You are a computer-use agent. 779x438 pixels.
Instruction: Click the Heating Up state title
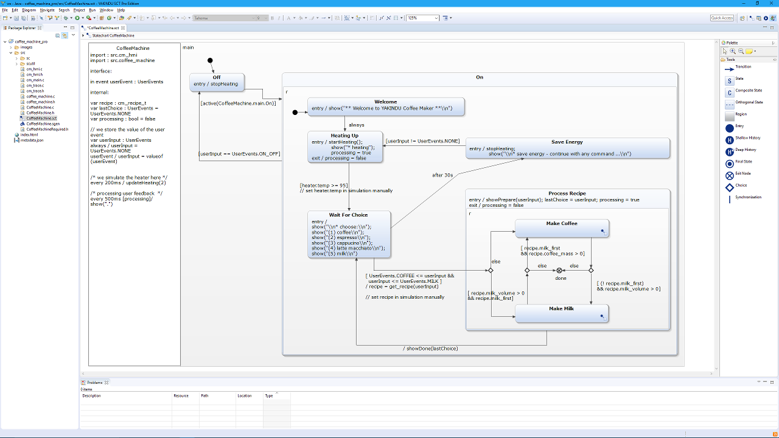344,136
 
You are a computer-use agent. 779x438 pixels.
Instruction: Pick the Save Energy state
567,148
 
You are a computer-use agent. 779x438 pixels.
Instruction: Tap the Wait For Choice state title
348,215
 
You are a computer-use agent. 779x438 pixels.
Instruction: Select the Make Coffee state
562,228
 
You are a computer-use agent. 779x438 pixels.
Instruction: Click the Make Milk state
561,313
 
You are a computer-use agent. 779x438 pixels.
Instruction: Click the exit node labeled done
560,270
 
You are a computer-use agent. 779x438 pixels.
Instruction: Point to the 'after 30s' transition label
442,175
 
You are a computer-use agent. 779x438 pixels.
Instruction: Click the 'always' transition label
357,125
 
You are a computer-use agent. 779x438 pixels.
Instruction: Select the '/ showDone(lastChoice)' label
430,349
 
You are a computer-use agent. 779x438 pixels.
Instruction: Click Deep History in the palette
746,150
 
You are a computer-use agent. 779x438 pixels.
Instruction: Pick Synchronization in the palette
748,198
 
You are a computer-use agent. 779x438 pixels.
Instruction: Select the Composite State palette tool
748,91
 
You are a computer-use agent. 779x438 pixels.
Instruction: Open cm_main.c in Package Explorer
35,80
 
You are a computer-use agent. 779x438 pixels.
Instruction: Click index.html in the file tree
29,134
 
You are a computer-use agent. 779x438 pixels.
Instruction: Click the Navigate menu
47,10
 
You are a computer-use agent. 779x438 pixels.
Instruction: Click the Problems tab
95,383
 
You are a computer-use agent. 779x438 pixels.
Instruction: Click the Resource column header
181,396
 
